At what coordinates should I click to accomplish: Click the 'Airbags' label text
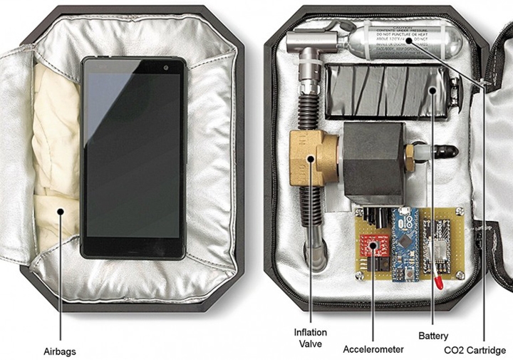coord(59,351)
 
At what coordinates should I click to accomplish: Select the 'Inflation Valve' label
coord(311,338)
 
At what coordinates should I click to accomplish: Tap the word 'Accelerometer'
coord(373,349)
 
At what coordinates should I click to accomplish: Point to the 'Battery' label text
coord(433,334)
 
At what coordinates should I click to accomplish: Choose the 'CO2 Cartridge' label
coord(475,350)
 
